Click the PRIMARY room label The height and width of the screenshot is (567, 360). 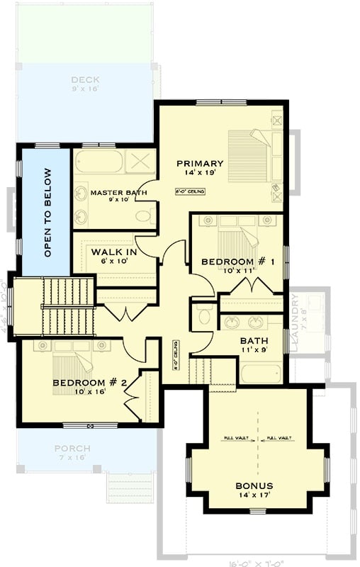point(200,163)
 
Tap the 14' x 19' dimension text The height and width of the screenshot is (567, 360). point(200,172)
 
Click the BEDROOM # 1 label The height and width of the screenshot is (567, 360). point(238,262)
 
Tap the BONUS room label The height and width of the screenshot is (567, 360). point(254,485)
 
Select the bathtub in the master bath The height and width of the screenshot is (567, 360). point(98,162)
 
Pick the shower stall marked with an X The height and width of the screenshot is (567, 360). point(140,161)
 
